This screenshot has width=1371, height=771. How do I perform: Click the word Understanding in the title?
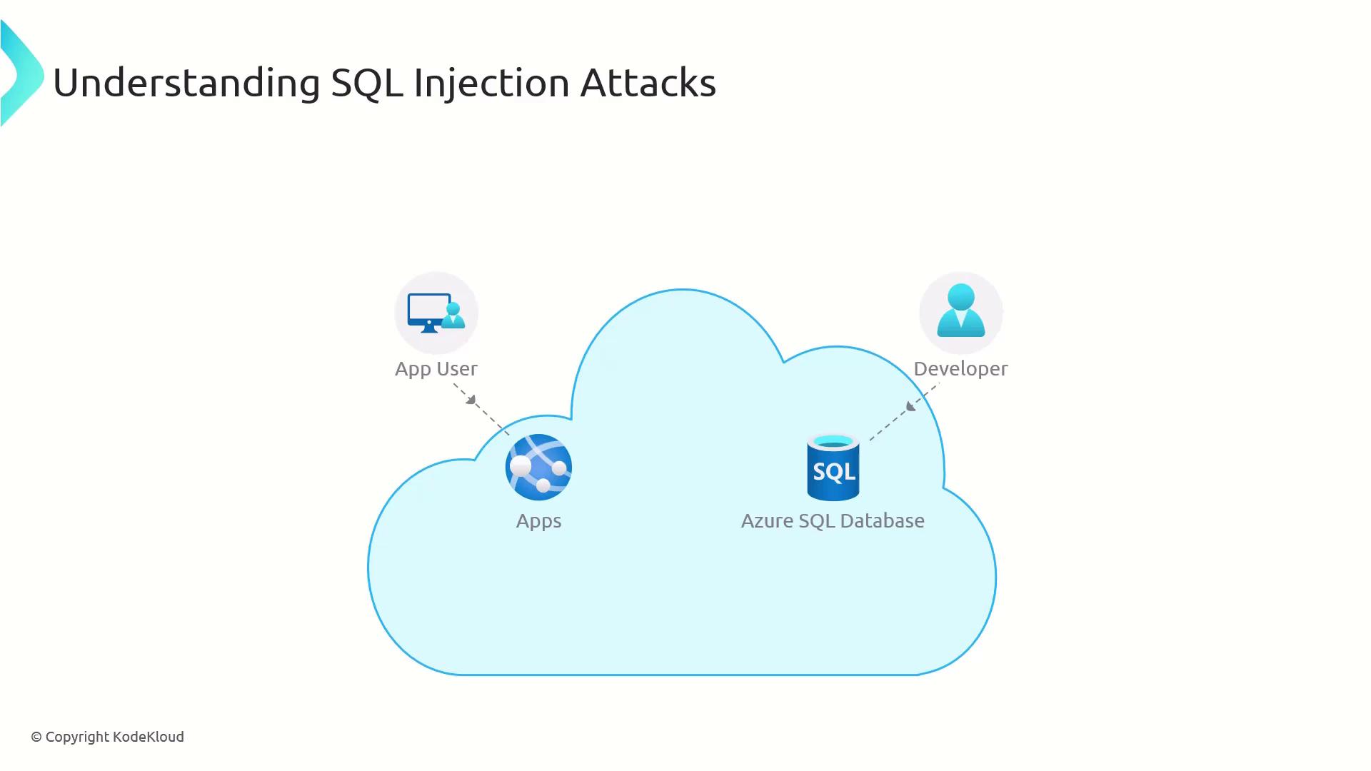[186, 83]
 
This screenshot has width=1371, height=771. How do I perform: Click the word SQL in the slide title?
[367, 83]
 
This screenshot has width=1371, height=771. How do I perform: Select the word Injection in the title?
[491, 83]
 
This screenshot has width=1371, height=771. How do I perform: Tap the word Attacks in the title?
[648, 83]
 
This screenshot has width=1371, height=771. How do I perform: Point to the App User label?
[436, 369]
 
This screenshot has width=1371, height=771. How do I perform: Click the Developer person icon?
[960, 311]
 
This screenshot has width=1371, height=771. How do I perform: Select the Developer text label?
[960, 369]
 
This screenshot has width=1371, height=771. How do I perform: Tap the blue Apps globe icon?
[538, 467]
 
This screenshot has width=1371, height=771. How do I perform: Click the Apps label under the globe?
[538, 521]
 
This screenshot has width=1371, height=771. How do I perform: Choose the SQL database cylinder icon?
[833, 468]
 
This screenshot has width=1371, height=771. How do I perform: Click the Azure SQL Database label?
[833, 521]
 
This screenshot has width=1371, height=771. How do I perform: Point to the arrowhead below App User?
[471, 400]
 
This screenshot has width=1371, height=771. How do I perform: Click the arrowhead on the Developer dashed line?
[910, 406]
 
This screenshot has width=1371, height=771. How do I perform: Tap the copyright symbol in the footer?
[36, 737]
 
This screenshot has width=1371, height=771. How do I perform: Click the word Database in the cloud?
[883, 521]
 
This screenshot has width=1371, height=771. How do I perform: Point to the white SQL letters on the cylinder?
[833, 472]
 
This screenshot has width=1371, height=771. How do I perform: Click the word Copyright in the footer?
[77, 737]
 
